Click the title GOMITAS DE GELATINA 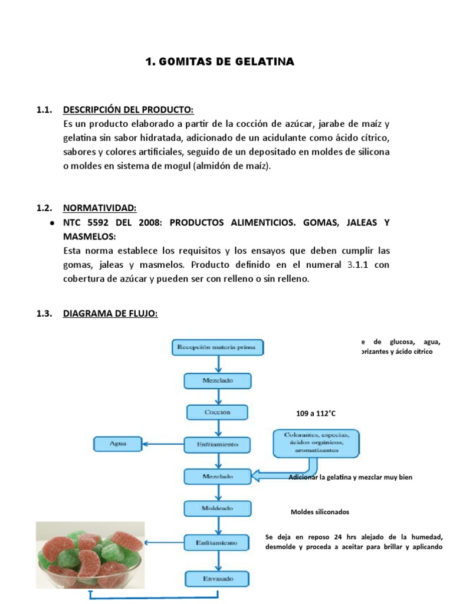[x=219, y=62]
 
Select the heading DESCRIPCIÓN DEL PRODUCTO [x=128, y=110]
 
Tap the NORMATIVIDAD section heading [x=100, y=208]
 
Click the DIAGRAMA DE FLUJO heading [x=110, y=314]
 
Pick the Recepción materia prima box [x=217, y=348]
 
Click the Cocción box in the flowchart [x=217, y=412]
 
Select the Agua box [x=118, y=443]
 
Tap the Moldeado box [x=217, y=508]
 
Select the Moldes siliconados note [x=320, y=511]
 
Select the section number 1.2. [x=45, y=208]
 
